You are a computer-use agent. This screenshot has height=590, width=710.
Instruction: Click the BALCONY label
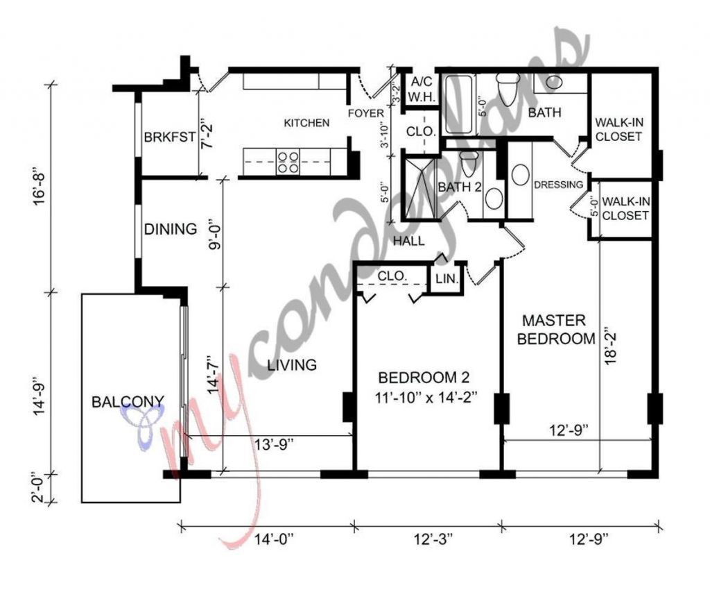coord(128,401)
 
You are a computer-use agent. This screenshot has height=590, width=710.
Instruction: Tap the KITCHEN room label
coord(306,123)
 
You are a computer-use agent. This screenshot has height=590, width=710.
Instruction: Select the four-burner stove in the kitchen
coord(288,162)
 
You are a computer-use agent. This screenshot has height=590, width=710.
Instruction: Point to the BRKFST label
coord(169,137)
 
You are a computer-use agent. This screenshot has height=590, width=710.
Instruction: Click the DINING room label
coord(170,228)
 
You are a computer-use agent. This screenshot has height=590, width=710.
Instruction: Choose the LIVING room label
coord(293,364)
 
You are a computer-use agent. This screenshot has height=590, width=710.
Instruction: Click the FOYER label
coord(365,113)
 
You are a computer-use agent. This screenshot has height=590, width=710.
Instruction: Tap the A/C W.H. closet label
coord(423,89)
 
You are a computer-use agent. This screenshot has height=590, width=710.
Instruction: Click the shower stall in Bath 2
coord(419,189)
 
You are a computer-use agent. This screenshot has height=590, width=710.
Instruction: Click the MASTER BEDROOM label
coord(557,330)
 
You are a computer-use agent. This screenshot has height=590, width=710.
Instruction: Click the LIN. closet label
coord(445,279)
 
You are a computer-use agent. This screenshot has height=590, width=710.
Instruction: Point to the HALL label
coord(408,241)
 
